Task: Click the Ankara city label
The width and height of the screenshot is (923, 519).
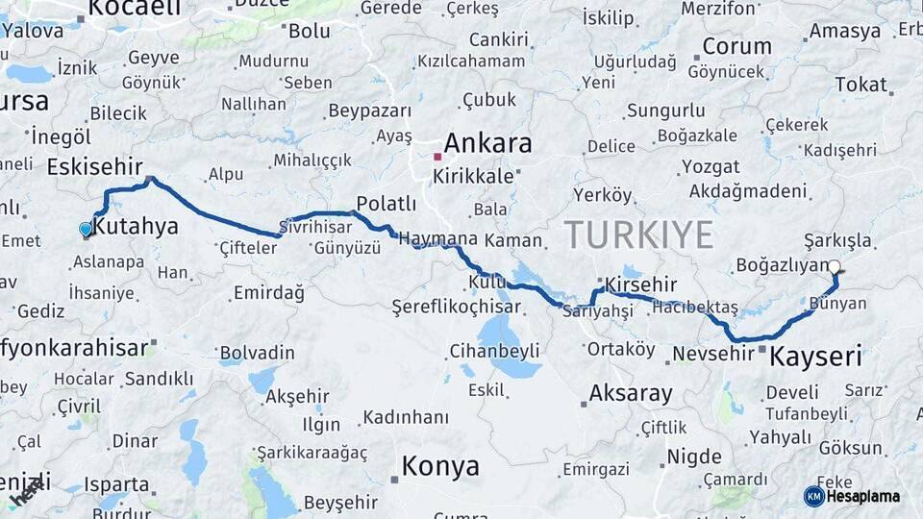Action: coord(487,144)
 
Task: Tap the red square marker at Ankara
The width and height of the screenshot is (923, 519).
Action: coord(437,156)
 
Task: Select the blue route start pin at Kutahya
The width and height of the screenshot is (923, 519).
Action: coord(86,229)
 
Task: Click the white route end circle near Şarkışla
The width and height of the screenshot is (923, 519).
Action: coord(834,267)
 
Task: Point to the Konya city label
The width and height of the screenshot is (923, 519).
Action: coord(439,467)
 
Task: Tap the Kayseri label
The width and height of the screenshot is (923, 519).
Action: coord(816,357)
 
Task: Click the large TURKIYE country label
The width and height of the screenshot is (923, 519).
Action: coord(638,235)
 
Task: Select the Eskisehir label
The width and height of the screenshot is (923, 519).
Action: coord(95,165)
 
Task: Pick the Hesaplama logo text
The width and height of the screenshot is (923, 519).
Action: coord(863,496)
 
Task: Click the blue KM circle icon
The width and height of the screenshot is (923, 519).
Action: coord(813,496)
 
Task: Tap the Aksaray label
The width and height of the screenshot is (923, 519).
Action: coord(631,392)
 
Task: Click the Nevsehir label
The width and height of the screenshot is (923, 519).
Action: coord(712,354)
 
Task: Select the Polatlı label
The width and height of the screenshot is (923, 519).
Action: coord(386,204)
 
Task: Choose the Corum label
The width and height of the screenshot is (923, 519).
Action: coord(736,46)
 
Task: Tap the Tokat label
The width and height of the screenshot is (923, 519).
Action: coord(861,85)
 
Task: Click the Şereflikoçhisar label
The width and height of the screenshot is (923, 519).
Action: coord(456,308)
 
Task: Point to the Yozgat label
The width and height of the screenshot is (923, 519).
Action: coord(711,166)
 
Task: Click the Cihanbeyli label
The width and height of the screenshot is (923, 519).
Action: coord(495,351)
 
